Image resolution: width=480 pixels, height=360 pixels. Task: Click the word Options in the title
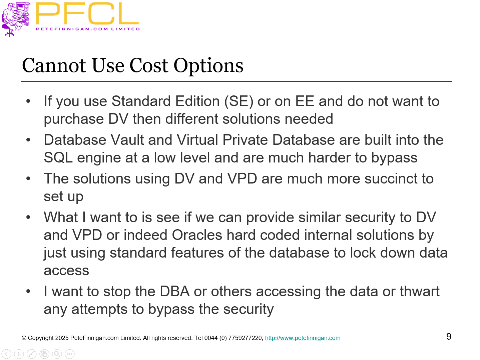208,66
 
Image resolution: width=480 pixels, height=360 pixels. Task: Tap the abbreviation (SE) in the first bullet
239,101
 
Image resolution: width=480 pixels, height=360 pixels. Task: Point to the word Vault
127,140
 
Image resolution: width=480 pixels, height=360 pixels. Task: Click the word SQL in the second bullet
58,158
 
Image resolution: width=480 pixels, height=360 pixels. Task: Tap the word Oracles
197,235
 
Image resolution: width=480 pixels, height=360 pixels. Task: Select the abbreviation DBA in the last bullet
174,292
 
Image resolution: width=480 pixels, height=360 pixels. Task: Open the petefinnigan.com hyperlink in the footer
303,338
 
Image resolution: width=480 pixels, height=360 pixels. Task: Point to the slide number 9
449,336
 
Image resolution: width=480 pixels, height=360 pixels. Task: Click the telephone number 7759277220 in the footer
245,338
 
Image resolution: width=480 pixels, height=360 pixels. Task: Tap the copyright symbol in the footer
24,338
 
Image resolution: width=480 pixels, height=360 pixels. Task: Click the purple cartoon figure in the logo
15,18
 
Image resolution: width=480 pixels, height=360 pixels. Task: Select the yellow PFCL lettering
87,14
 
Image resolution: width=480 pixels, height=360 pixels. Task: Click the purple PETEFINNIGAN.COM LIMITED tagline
88,29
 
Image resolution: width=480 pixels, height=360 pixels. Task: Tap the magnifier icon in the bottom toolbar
57,354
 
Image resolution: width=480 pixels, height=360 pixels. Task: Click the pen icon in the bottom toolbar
32,354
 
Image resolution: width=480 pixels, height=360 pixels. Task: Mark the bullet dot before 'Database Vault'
28,140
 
